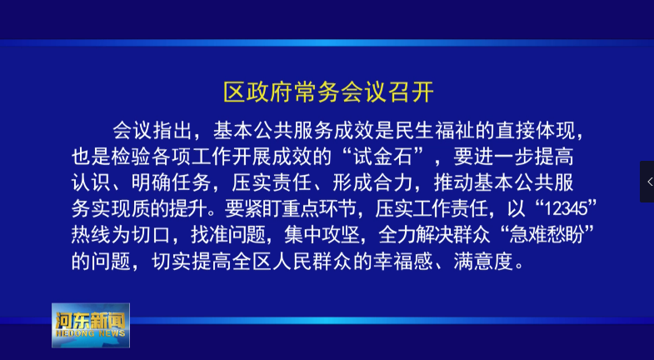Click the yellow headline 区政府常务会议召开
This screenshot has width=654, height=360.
coord(329,92)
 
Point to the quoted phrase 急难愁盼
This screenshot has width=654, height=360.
coord(547,234)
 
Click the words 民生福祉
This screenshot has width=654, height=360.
coord(435,131)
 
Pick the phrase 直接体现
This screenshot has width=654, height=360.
coord(536,131)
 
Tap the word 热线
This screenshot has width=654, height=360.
coord(92,234)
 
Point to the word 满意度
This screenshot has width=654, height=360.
coord(483,261)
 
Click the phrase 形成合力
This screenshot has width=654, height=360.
coord(373,182)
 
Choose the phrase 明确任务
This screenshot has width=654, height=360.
coord(172,182)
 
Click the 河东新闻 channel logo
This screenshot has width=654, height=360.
coord(91,325)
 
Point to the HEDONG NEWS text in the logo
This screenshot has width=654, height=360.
coord(91,333)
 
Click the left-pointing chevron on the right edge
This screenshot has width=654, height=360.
coord(650,182)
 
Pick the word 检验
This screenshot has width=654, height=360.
coord(132,157)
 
